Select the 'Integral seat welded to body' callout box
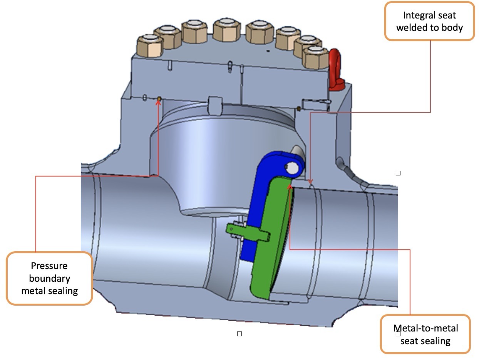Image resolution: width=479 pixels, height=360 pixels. click(x=429, y=21)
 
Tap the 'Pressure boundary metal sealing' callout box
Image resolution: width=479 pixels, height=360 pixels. click(x=49, y=278)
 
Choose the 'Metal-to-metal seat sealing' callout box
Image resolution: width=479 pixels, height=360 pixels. click(x=425, y=334)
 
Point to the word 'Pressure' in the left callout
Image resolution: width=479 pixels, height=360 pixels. click(x=49, y=266)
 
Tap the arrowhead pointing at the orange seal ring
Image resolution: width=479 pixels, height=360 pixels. click(x=158, y=102)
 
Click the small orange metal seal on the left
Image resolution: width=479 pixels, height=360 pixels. click(x=158, y=99)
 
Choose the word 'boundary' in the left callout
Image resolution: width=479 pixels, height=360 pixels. click(x=49, y=278)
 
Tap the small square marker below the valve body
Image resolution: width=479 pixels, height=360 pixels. click(x=239, y=333)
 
